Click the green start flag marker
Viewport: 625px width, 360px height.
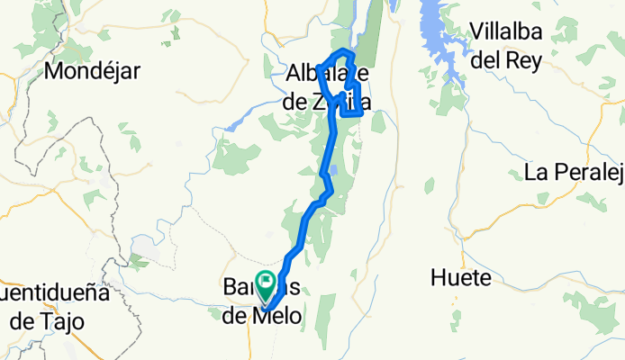pyautogui.click(x=267, y=282)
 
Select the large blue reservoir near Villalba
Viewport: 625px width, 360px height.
pyautogui.click(x=439, y=40)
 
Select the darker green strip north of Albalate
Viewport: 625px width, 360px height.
pyautogui.click(x=373, y=36)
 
